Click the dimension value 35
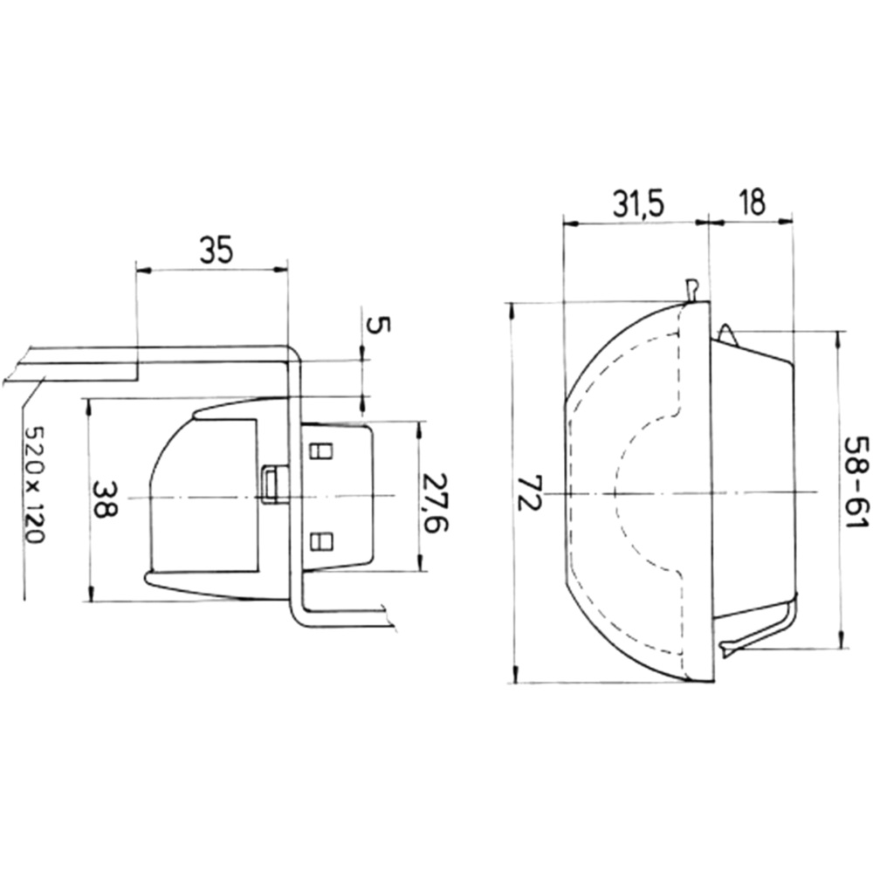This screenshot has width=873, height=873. [216, 251]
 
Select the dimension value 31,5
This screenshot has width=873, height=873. [639, 204]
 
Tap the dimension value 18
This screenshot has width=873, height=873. [753, 203]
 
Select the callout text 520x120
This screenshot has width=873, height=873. [35, 485]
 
